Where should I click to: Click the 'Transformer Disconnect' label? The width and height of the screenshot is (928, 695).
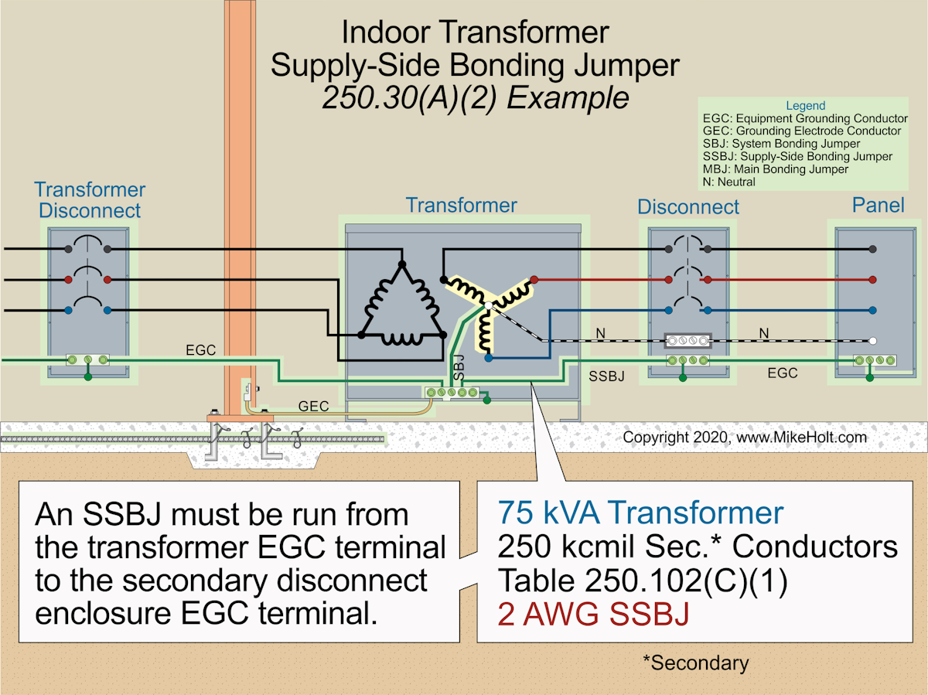click(x=89, y=199)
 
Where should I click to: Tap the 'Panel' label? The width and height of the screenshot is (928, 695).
click(x=878, y=205)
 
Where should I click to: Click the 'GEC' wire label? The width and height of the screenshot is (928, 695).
click(x=313, y=406)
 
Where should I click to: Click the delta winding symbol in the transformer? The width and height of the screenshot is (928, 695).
click(x=401, y=305)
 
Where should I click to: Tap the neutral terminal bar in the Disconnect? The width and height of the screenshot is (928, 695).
click(x=687, y=340)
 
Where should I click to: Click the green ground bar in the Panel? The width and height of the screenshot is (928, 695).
click(x=869, y=360)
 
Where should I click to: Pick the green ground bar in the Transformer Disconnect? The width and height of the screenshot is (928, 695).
click(x=87, y=359)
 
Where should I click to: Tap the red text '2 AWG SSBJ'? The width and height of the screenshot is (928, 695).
click(x=594, y=615)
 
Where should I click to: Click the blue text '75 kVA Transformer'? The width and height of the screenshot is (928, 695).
click(x=641, y=513)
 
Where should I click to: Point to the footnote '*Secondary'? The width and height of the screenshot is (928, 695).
click(x=695, y=663)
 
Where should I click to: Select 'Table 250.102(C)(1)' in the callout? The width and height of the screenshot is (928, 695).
click(x=643, y=581)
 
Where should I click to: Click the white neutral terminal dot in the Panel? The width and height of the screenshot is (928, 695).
click(x=872, y=340)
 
